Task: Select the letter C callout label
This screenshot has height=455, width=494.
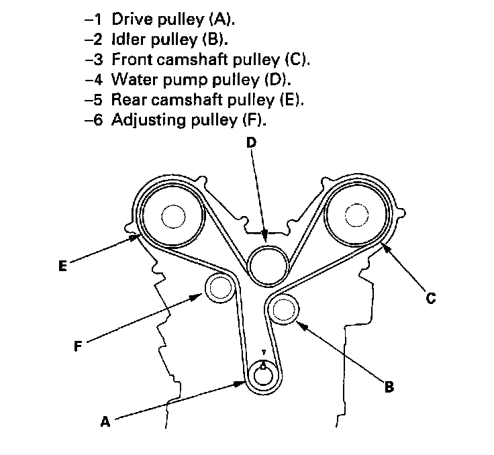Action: coord(432,299)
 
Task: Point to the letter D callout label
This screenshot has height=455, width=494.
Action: coord(250,143)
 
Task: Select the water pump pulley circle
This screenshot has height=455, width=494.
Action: coord(268,264)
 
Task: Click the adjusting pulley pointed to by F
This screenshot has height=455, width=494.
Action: coord(219,289)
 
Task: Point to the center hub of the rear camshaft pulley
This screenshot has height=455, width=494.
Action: coord(172,217)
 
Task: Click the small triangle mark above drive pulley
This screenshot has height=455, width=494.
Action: coord(264,352)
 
